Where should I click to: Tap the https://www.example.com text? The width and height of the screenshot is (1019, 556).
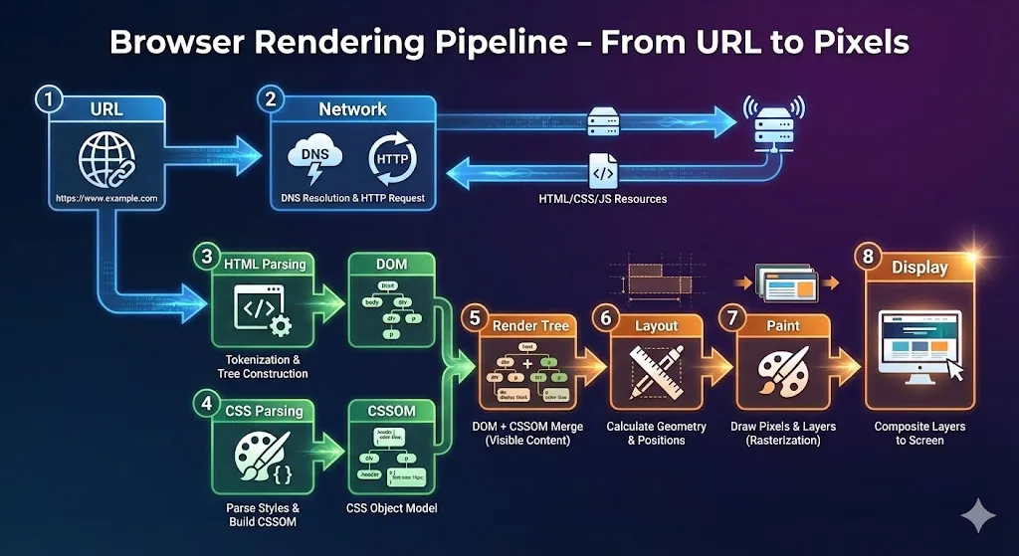coord(107,198)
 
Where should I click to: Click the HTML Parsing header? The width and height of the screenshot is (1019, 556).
coord(264,264)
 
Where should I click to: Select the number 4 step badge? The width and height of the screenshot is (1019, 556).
coord(206,404)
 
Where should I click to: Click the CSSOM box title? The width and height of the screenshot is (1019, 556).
coord(391,411)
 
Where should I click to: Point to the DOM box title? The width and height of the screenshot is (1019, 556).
coord(392,264)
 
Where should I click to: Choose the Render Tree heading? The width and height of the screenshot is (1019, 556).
coord(531,324)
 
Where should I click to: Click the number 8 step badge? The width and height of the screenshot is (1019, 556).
coord(869,257)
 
